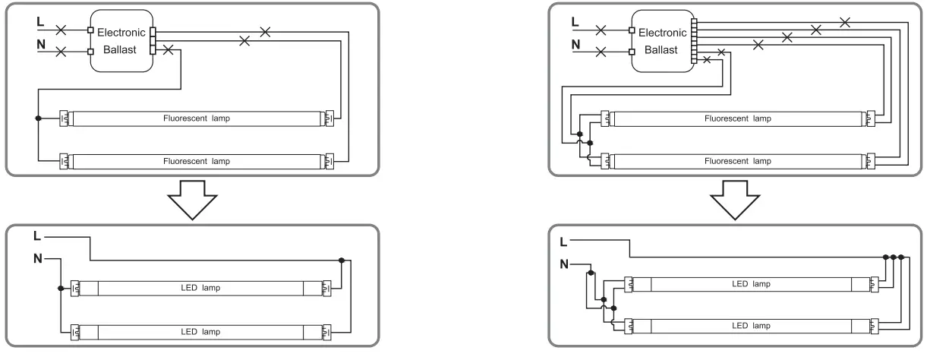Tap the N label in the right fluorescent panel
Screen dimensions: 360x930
click(x=575, y=46)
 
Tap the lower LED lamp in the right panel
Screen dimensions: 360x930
click(x=750, y=327)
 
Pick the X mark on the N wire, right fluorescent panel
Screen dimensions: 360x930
click(x=601, y=52)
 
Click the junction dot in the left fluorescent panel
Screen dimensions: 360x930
click(x=37, y=119)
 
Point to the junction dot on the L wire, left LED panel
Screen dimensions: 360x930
click(x=342, y=260)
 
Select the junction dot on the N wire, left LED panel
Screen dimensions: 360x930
click(x=59, y=288)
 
